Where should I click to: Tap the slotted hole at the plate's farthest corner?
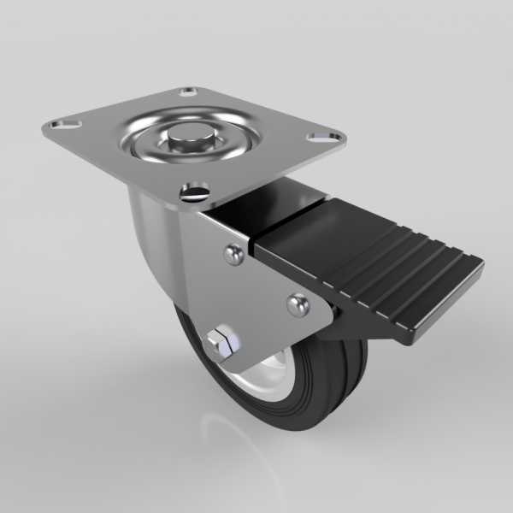tap(189, 91)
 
